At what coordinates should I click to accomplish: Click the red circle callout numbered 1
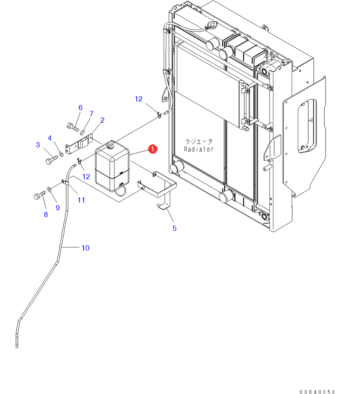(x=153, y=149)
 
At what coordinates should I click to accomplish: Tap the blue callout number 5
(x=174, y=228)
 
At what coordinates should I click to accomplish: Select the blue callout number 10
(x=85, y=248)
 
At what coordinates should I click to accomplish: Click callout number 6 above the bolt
(x=81, y=107)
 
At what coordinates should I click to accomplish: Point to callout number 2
(x=102, y=120)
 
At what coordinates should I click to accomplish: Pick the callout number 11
(x=81, y=200)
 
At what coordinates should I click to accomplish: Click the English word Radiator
(x=199, y=149)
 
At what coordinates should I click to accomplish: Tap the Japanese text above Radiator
(x=199, y=141)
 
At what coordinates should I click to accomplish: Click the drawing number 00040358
(x=317, y=392)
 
